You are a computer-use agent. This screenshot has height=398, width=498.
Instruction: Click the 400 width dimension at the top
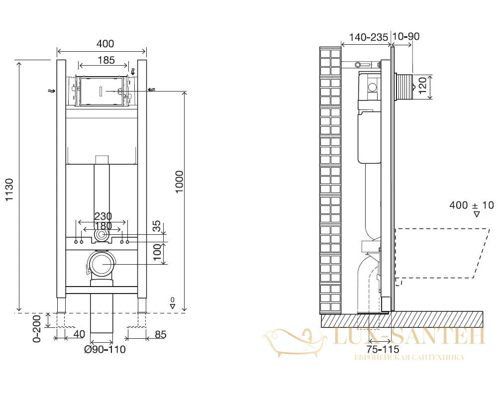[105, 43]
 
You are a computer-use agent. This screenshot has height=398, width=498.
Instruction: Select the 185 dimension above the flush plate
[106, 60]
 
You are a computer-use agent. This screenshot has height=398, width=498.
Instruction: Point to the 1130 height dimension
[9, 190]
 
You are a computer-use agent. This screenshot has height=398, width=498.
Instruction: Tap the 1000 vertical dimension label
[180, 182]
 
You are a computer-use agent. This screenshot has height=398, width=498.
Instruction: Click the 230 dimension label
[103, 216]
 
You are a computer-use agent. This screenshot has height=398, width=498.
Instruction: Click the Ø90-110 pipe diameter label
[105, 349]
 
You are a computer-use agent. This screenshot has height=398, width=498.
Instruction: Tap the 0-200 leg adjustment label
[37, 328]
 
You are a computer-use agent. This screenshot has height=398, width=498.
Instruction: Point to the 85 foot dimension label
[161, 334]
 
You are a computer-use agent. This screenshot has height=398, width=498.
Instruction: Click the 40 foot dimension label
[79, 334]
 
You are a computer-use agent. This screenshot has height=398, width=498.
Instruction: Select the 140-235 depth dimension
[369, 37]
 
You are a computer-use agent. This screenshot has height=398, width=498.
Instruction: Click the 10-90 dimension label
[406, 36]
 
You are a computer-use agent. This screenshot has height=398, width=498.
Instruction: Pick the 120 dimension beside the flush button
[422, 86]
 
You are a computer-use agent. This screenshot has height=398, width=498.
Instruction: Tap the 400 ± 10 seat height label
[472, 205]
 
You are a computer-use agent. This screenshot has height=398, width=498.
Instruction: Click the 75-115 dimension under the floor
[383, 349]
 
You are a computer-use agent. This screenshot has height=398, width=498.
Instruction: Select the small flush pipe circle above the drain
[101, 235]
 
